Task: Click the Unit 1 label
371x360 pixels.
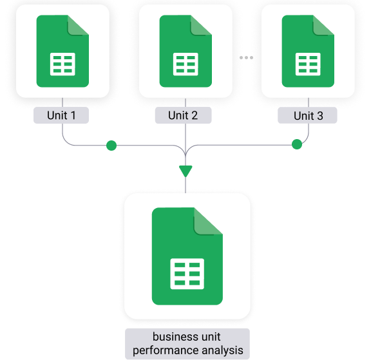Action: (x=61, y=115)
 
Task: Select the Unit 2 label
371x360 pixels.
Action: (x=183, y=115)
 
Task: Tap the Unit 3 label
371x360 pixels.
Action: (x=307, y=115)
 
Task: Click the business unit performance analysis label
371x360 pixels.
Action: (x=187, y=343)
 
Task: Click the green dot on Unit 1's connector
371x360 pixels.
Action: (x=111, y=146)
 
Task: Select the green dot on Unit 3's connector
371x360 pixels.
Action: (x=297, y=144)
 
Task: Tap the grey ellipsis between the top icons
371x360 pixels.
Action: (x=246, y=57)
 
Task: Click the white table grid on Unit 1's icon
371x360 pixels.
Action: (x=62, y=64)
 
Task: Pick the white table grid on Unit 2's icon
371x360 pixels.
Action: (x=185, y=64)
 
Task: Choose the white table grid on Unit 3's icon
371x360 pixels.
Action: (x=308, y=64)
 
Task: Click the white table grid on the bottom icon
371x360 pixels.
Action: (x=187, y=274)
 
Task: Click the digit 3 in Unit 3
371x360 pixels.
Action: (x=320, y=116)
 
